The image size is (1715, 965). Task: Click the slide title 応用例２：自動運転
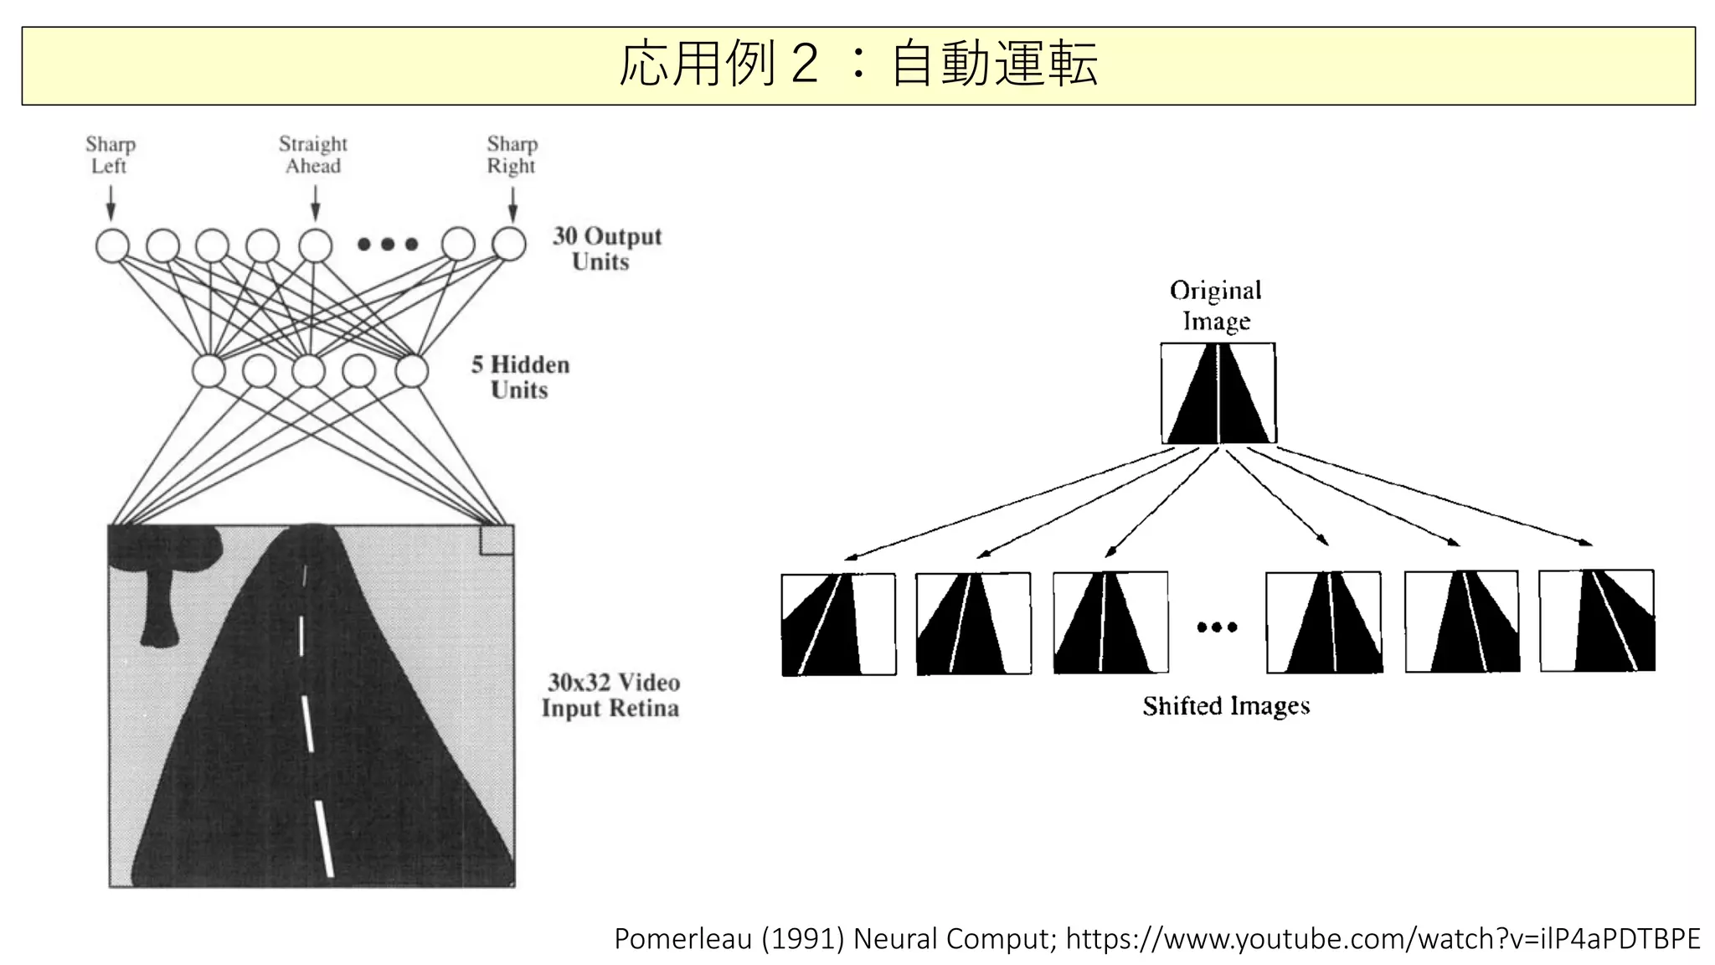(857, 65)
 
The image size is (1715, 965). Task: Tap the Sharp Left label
(110, 155)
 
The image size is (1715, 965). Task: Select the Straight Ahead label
(313, 155)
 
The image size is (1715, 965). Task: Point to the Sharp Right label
(512, 155)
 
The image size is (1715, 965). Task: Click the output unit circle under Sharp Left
(112, 245)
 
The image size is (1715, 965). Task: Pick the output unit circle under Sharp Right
(508, 245)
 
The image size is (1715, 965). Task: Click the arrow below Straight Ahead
(316, 204)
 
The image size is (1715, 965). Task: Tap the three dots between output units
(388, 245)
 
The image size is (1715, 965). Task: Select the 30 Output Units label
(606, 249)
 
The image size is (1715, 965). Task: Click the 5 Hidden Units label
(520, 377)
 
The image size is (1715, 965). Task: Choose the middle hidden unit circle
(309, 371)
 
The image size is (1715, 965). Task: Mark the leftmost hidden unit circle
(209, 371)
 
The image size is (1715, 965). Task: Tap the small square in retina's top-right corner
(496, 540)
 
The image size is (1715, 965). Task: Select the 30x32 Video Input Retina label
(610, 695)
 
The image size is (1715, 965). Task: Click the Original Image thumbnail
(1218, 393)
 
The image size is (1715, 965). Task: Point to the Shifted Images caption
(1226, 706)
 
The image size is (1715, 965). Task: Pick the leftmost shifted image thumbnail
(838, 624)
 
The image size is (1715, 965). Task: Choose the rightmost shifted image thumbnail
(1597, 621)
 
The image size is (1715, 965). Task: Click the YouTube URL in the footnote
(1383, 939)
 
